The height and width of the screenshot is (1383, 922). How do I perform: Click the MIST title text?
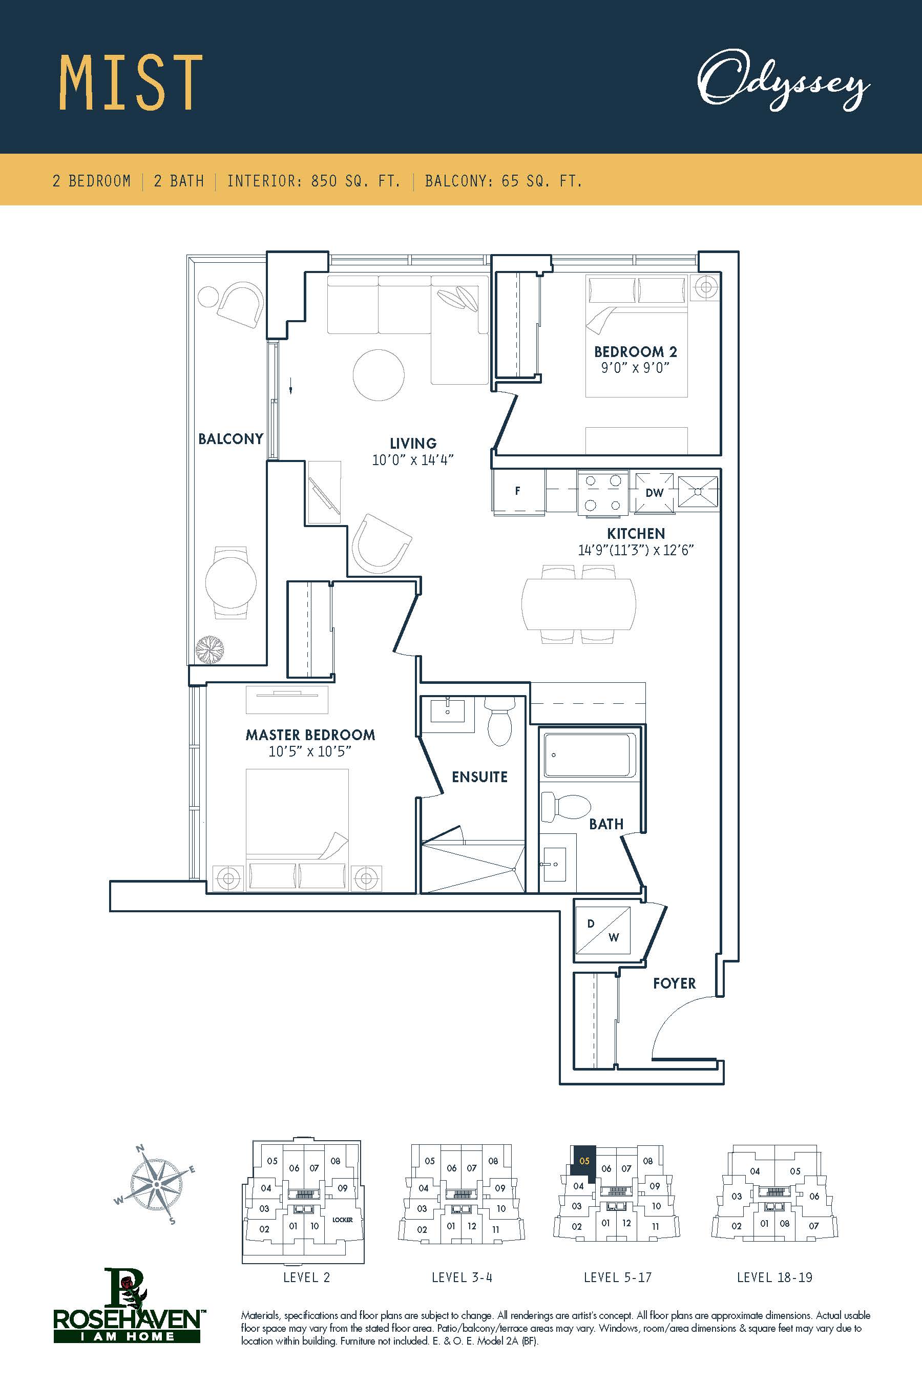coord(131,83)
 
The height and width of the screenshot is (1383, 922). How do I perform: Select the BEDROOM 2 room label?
coord(636,351)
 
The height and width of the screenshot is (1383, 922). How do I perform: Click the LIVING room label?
coord(413,444)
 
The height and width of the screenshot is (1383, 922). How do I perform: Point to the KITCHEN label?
coord(636,534)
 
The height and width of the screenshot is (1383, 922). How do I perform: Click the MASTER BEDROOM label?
coord(310,735)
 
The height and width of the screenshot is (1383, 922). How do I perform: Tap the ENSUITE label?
coord(479,777)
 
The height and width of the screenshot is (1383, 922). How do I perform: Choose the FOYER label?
coord(675,983)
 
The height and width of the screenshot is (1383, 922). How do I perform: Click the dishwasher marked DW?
coord(655,493)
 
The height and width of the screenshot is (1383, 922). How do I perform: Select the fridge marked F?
coord(518,492)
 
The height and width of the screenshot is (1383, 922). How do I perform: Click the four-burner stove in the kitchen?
coord(603,493)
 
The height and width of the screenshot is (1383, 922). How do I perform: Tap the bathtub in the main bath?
coord(589,755)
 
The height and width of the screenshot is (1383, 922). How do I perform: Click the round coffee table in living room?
coord(379,374)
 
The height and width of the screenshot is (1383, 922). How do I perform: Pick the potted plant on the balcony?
coord(210,649)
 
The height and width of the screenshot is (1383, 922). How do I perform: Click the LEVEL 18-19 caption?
coord(774,1277)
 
